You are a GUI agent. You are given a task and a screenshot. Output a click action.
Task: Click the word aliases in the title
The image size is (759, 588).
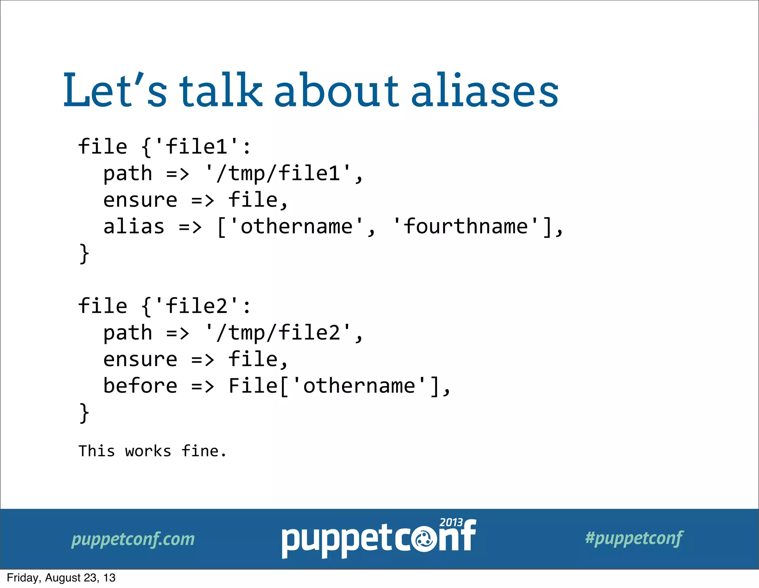[x=484, y=91]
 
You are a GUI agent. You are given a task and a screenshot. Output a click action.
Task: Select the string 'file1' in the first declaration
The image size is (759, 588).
[x=196, y=146]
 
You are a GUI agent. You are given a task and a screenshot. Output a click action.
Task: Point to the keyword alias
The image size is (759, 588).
[x=134, y=226]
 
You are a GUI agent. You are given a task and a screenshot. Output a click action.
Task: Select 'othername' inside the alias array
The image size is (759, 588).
[x=296, y=226]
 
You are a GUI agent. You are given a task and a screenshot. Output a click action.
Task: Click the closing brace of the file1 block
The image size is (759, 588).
[x=84, y=254]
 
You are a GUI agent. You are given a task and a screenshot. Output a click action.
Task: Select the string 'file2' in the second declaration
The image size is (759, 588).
[x=196, y=306]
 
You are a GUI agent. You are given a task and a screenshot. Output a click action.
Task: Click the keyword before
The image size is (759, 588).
[x=140, y=386]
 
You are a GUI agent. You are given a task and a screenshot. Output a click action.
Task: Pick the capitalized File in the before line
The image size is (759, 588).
[x=253, y=386]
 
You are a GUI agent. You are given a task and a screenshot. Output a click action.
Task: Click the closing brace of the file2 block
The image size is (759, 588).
[x=84, y=413]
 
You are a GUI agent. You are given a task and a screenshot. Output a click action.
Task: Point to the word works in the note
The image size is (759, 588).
[x=148, y=451]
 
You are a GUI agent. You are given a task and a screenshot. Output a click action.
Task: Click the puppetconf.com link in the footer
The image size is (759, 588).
[x=133, y=539]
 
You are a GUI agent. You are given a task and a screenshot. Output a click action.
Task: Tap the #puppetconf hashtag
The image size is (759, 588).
[x=634, y=538]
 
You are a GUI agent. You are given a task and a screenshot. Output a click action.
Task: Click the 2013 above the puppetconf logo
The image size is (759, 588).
[x=451, y=522]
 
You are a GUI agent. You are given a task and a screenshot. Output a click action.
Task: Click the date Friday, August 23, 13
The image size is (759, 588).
[x=61, y=578]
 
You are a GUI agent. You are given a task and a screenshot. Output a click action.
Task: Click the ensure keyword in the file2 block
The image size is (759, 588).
[x=140, y=359]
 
